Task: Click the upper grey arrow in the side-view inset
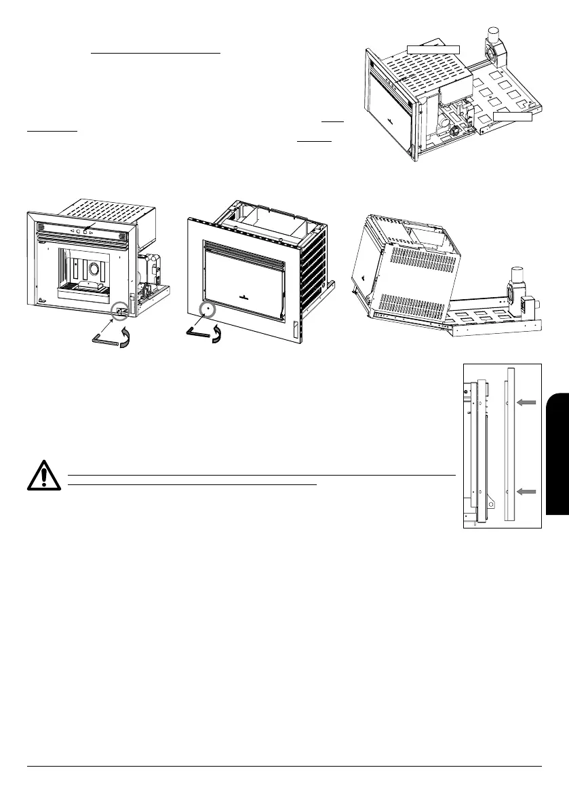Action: [x=526, y=402]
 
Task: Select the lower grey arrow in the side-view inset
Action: [x=526, y=490]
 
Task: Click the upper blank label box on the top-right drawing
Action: [x=433, y=49]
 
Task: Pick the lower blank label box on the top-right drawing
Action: [x=513, y=117]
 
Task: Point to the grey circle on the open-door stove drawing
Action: [x=121, y=311]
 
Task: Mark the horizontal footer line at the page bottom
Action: [x=284, y=767]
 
